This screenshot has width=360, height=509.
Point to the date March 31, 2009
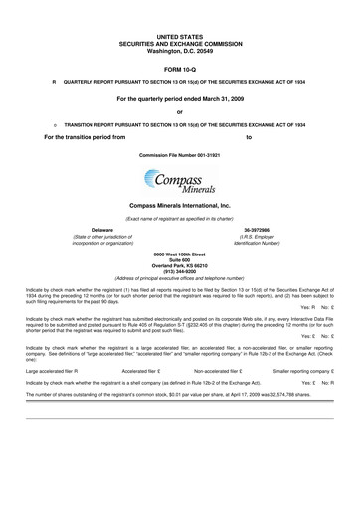217,99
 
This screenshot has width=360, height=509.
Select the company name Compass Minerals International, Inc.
179,204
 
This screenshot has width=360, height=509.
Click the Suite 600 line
179,263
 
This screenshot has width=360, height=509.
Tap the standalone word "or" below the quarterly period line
179,112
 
